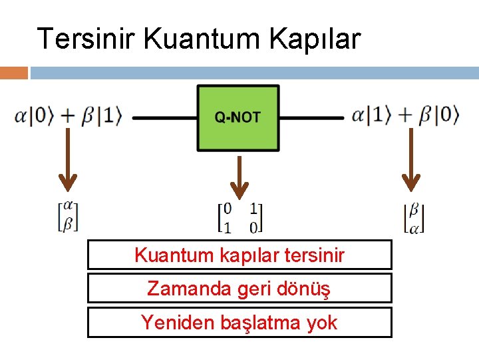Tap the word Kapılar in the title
coord(315,39)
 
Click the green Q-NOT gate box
coord(238,117)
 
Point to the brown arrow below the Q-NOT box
coord(238,177)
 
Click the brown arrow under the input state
coord(67,160)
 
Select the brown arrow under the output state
coord(410,160)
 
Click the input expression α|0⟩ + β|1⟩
coord(69,116)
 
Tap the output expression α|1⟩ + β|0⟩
coord(405,116)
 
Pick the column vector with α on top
coord(68,217)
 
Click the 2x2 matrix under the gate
coord(239,218)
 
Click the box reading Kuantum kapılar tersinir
coord(239,255)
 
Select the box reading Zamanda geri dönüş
coord(239,289)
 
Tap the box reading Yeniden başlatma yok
coord(239,323)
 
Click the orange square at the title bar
coord(14,73)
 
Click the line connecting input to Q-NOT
coord(164,118)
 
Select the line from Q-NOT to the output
coord(311,118)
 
